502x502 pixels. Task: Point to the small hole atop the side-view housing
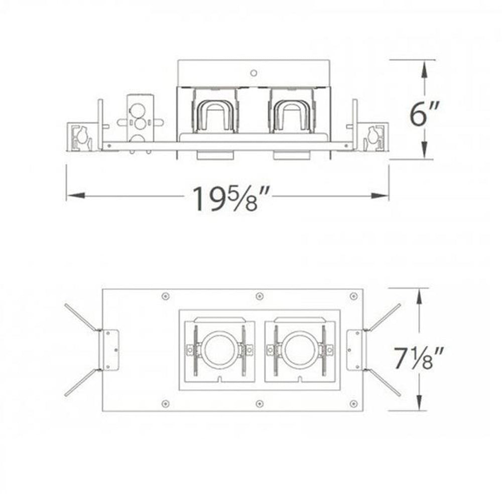pos(255,72)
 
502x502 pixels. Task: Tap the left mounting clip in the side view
pos(80,137)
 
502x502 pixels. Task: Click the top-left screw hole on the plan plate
pos(165,296)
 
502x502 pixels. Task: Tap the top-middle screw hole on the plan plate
pos(259,296)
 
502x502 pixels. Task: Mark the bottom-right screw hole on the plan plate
pos(353,403)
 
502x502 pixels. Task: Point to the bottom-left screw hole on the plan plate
pos(165,403)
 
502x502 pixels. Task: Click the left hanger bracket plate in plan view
pos(110,350)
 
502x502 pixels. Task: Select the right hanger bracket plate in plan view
pos(356,350)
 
